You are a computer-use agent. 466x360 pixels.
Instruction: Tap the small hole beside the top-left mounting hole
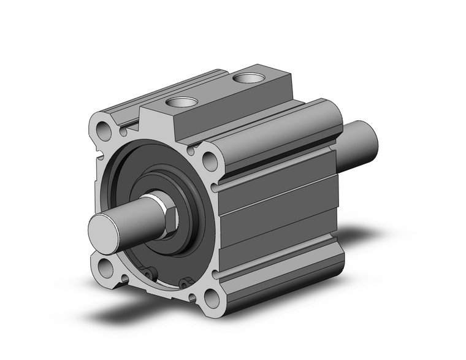click(x=123, y=131)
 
